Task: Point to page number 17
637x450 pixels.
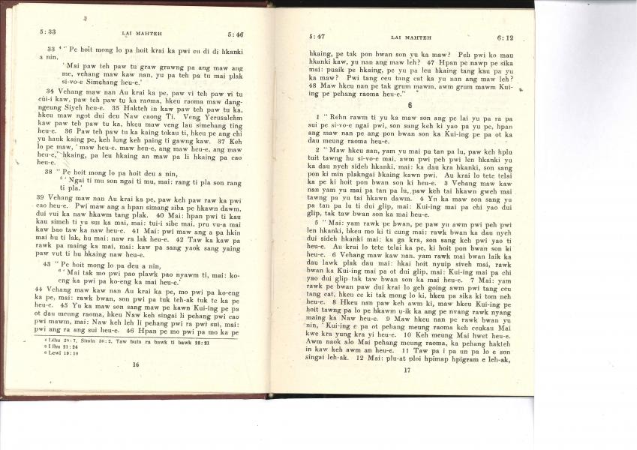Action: pos(407,370)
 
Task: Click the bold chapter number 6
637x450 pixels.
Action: pos(410,106)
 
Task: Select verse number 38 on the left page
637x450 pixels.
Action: pos(50,171)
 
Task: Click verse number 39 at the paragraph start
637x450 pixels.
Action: pos(41,196)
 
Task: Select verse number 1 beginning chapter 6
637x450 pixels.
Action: pos(318,118)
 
